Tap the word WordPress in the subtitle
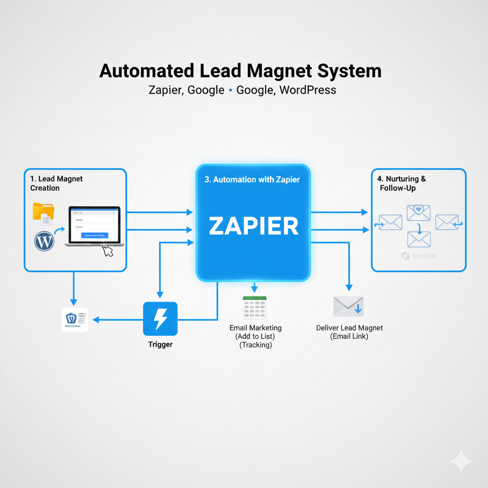tap(308, 90)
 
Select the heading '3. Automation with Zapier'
tap(252, 180)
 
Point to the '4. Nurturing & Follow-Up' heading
tap(401, 183)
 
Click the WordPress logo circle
tap(44, 242)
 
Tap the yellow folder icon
tap(43, 211)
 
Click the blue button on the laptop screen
tap(94, 235)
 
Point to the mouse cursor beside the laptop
tap(108, 251)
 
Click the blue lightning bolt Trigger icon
tap(160, 319)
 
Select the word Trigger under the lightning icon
tap(160, 344)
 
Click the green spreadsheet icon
tap(254, 307)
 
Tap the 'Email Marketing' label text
tap(255, 328)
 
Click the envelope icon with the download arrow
tap(348, 306)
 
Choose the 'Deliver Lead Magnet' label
tap(349, 328)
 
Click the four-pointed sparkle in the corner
tap(461, 461)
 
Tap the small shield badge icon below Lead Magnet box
tap(72, 318)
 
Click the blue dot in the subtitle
tap(231, 90)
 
